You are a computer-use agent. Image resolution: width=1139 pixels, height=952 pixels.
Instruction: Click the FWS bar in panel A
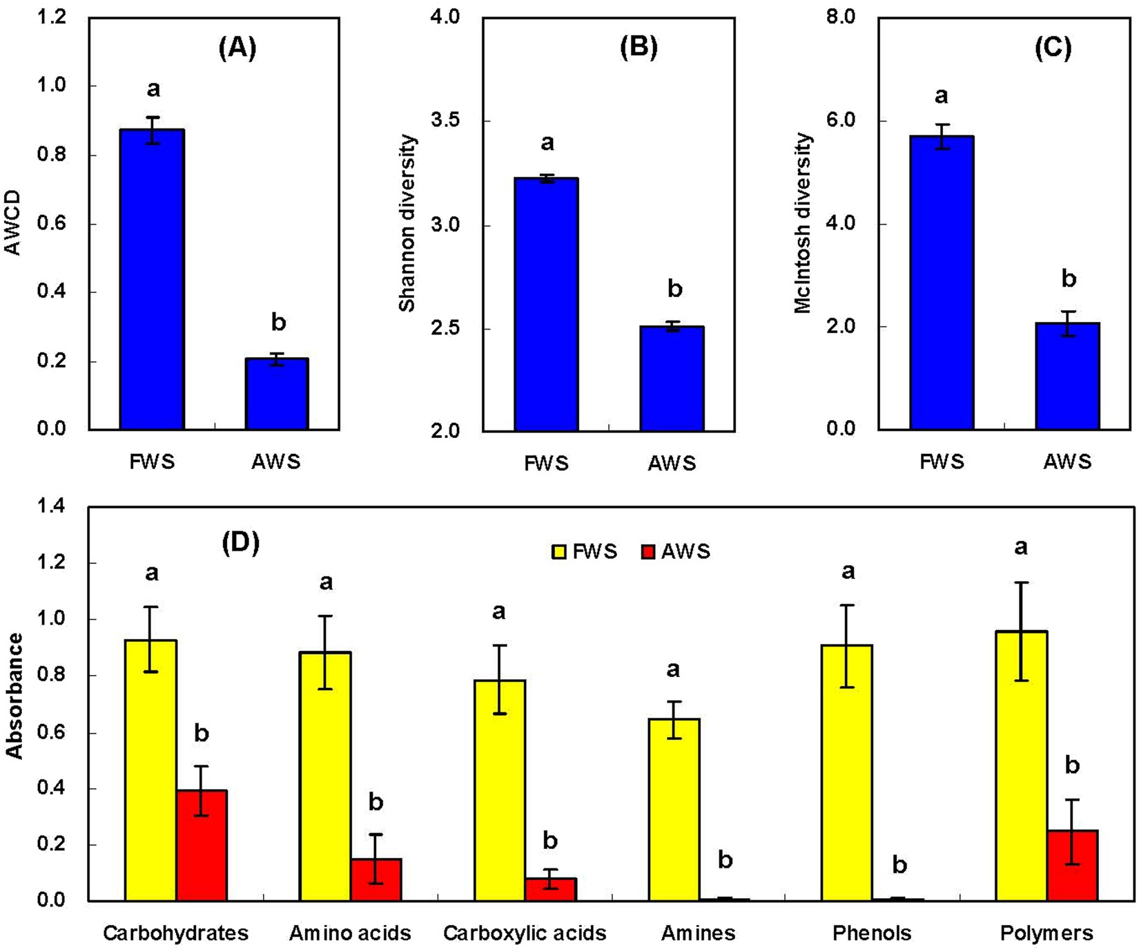pos(152,279)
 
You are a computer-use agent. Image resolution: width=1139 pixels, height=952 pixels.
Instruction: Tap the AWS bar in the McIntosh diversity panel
pos(1067,376)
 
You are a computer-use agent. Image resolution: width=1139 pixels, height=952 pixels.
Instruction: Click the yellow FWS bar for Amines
pos(674,809)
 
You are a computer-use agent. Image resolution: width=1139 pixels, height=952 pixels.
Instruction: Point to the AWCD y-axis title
pos(13,223)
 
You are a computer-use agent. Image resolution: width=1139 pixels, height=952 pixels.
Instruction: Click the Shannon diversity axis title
pos(408,223)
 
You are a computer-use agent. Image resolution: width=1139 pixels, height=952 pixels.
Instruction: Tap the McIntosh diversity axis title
pos(804,223)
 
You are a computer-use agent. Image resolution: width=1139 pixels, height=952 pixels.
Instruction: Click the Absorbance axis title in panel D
pos(14,696)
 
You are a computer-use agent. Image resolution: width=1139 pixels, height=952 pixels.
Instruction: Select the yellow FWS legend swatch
pos(558,551)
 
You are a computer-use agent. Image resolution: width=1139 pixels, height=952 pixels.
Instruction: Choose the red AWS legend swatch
pos(648,551)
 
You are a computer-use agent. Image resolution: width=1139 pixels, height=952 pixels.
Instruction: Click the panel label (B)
pos(639,47)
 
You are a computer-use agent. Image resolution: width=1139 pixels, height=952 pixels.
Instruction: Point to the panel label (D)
pos(240,543)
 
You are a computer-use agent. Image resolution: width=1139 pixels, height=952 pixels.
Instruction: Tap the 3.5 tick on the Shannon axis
pos(445,120)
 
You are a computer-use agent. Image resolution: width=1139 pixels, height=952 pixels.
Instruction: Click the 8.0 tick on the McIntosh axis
pos(840,17)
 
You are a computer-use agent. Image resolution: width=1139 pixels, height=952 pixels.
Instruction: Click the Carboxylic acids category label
pos(525,933)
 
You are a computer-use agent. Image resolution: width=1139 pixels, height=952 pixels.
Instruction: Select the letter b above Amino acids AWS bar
pos(376,802)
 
